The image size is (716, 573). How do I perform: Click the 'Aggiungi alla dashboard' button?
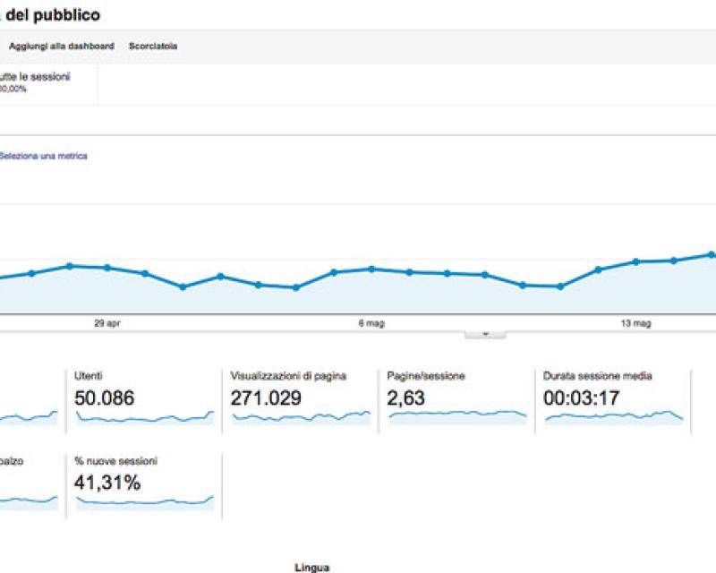pyautogui.click(x=61, y=46)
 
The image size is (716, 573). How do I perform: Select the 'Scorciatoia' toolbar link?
pyautogui.click(x=153, y=46)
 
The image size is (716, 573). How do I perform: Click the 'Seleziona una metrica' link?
pyautogui.click(x=43, y=156)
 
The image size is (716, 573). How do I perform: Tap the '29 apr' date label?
pyautogui.click(x=107, y=324)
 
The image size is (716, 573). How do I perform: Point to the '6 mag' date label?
pyautogui.click(x=371, y=324)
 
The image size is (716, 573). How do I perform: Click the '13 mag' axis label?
pyautogui.click(x=636, y=324)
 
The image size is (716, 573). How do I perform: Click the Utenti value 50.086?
pyautogui.click(x=105, y=398)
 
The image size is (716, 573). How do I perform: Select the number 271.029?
pyautogui.click(x=266, y=398)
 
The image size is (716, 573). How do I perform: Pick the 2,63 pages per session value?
pyautogui.click(x=406, y=398)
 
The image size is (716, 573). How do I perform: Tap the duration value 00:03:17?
pyautogui.click(x=582, y=398)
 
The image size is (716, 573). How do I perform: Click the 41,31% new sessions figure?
pyautogui.click(x=108, y=483)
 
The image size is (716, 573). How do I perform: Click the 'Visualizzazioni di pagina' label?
pyautogui.click(x=288, y=376)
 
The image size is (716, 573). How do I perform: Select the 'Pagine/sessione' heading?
pyautogui.click(x=426, y=376)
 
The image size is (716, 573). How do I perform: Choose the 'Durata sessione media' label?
pyautogui.click(x=598, y=376)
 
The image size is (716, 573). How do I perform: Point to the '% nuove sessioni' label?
pyautogui.click(x=116, y=461)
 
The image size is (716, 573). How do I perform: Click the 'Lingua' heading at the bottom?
pyautogui.click(x=311, y=567)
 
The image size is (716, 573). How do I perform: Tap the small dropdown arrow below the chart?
pyautogui.click(x=485, y=333)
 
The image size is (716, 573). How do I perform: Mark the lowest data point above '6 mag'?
pyautogui.click(x=296, y=287)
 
